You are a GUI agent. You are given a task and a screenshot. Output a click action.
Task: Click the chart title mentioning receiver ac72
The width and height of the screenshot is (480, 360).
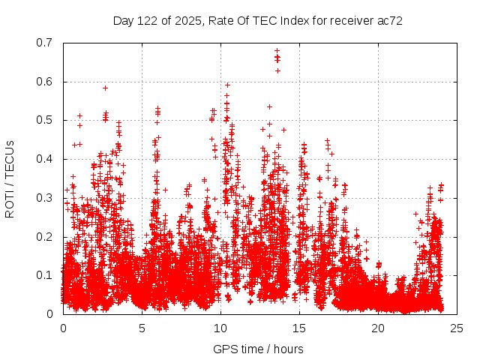tap(258, 21)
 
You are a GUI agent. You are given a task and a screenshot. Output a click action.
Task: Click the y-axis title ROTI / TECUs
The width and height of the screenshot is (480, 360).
tap(10, 178)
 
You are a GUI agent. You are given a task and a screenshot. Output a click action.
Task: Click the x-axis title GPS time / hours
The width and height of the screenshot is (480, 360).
tap(258, 349)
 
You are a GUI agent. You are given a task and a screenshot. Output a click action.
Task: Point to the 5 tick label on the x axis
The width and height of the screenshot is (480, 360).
tap(142, 328)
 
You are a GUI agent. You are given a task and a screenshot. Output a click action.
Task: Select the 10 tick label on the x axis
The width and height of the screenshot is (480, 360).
tap(220, 328)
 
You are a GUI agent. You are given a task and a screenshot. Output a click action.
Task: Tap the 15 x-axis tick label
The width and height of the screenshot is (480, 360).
tap(299, 328)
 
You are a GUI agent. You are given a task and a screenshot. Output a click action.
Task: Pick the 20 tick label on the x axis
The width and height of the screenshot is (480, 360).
tap(378, 328)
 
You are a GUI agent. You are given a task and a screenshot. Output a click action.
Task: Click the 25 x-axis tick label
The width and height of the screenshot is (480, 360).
tap(457, 328)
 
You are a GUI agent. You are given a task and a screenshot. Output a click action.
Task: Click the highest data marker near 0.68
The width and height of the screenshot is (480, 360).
tap(277, 51)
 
